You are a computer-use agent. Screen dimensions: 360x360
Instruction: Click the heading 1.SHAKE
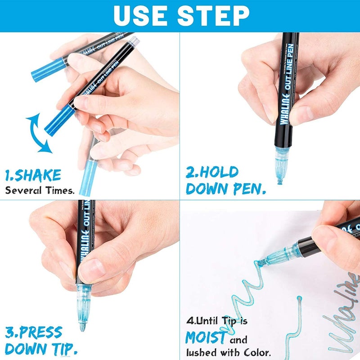coord(33,175)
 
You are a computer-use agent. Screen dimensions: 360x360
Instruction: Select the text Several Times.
coord(40,190)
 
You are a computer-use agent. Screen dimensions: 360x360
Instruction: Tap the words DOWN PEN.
coord(225,189)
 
